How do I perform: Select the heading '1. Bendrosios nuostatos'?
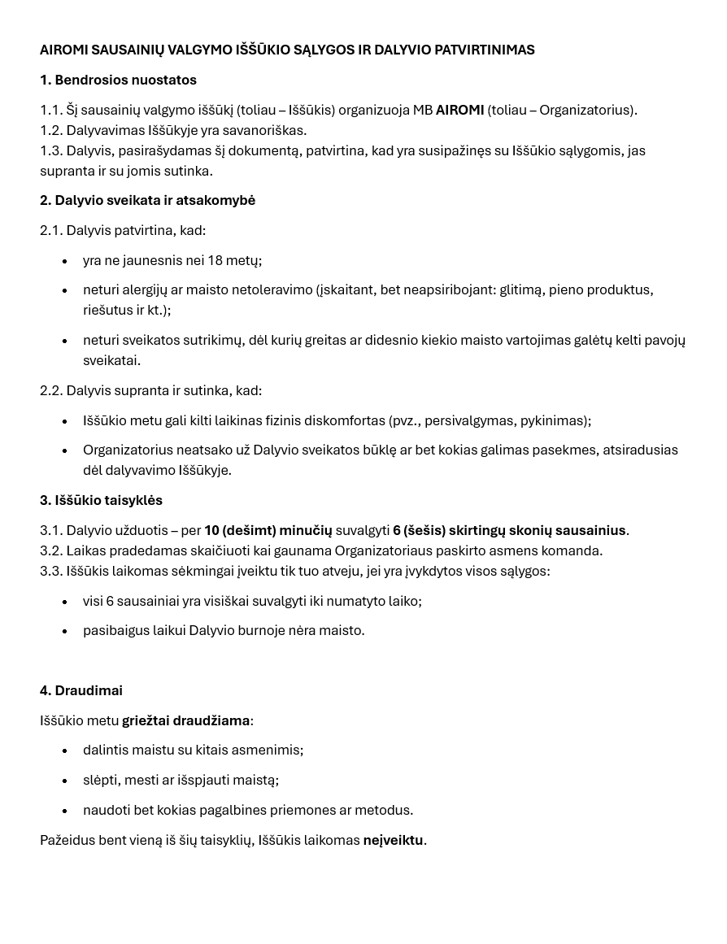click(118, 80)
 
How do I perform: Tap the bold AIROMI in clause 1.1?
click(459, 111)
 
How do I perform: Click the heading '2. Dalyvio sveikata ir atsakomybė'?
click(147, 201)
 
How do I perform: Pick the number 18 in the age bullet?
click(215, 261)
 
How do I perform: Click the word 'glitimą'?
click(520, 290)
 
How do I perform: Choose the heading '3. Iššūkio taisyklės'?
click(101, 501)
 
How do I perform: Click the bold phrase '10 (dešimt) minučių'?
click(268, 531)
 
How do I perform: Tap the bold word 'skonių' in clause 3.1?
click(530, 531)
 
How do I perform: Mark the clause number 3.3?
click(50, 572)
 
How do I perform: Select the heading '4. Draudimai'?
click(81, 691)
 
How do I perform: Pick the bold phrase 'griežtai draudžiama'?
click(186, 721)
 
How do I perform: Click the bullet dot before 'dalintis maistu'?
click(65, 751)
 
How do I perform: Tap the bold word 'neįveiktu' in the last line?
click(393, 841)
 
